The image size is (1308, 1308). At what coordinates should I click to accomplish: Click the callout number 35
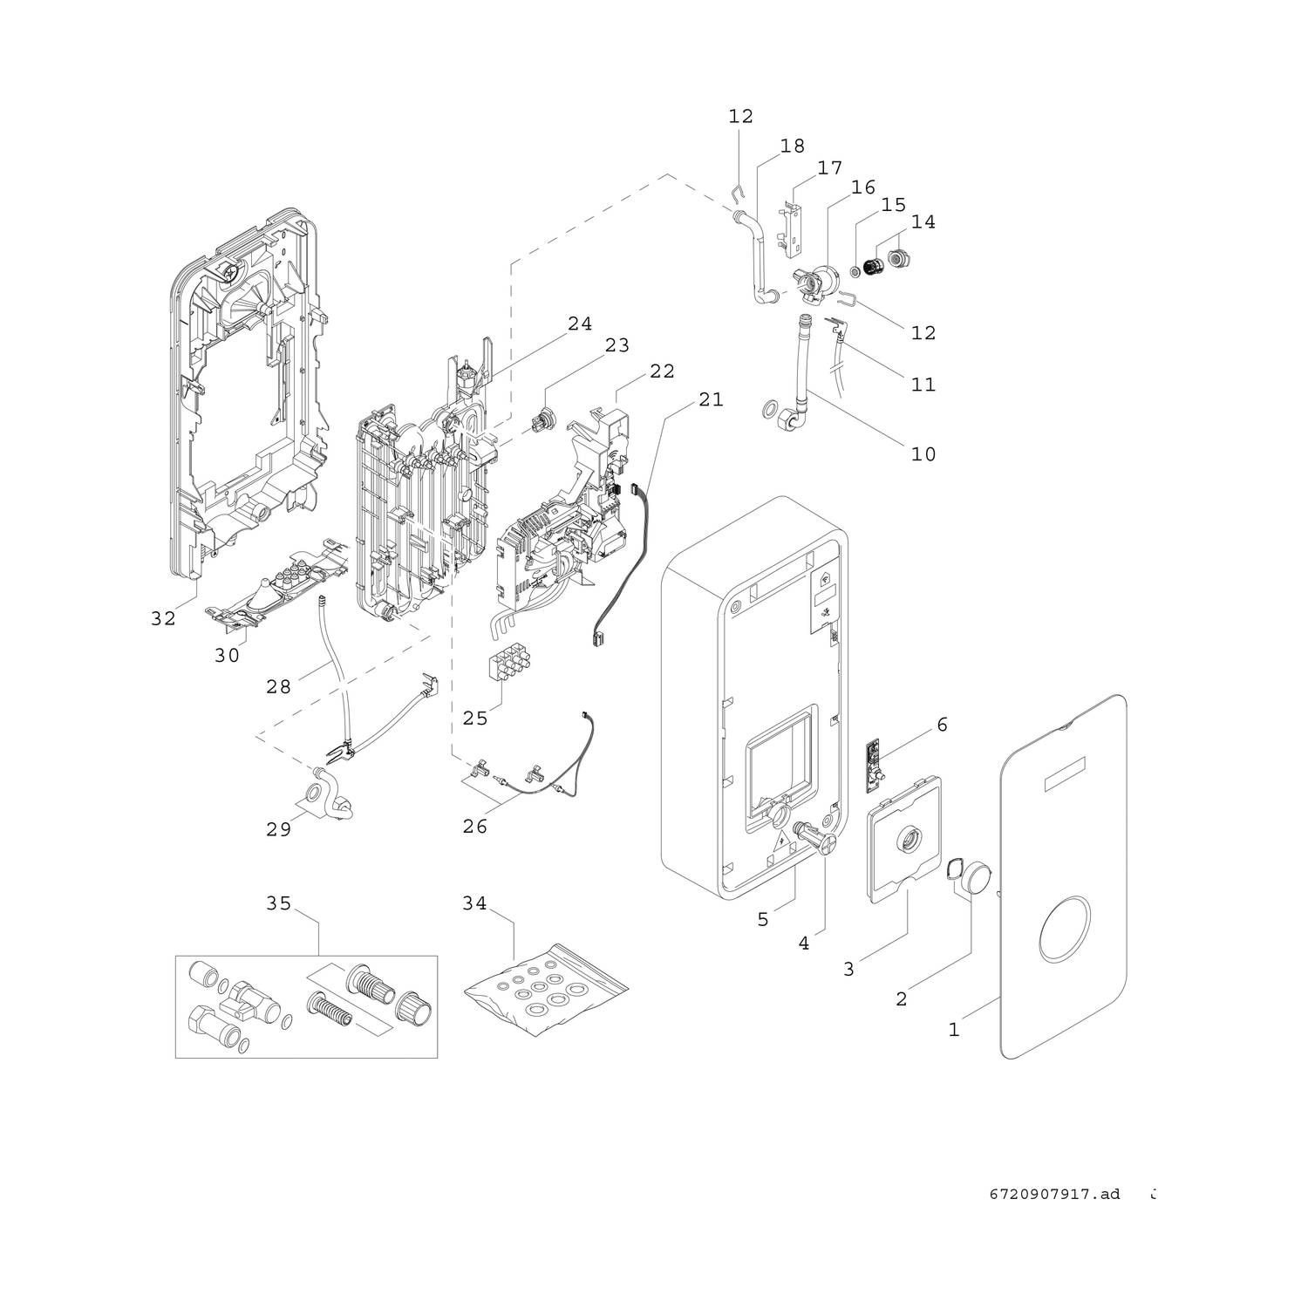click(x=278, y=904)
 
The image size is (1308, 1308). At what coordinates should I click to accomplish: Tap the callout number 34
click(x=474, y=904)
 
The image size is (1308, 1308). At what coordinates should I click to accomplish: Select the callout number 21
click(x=711, y=399)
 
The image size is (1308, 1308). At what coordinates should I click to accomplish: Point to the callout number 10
click(x=923, y=454)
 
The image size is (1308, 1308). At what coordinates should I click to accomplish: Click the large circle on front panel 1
click(x=1062, y=931)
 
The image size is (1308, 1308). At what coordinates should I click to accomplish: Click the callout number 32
click(x=163, y=619)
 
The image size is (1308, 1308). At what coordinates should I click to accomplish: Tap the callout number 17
click(x=829, y=167)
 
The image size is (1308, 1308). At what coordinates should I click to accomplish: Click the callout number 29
click(x=278, y=829)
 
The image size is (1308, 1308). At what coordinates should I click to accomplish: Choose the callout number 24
click(x=580, y=324)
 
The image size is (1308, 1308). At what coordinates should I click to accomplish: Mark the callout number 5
click(x=763, y=920)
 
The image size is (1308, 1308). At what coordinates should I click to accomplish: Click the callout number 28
click(x=278, y=687)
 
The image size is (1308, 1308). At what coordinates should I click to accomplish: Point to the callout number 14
click(x=923, y=222)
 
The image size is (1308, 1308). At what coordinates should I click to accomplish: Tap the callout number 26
click(x=474, y=826)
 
